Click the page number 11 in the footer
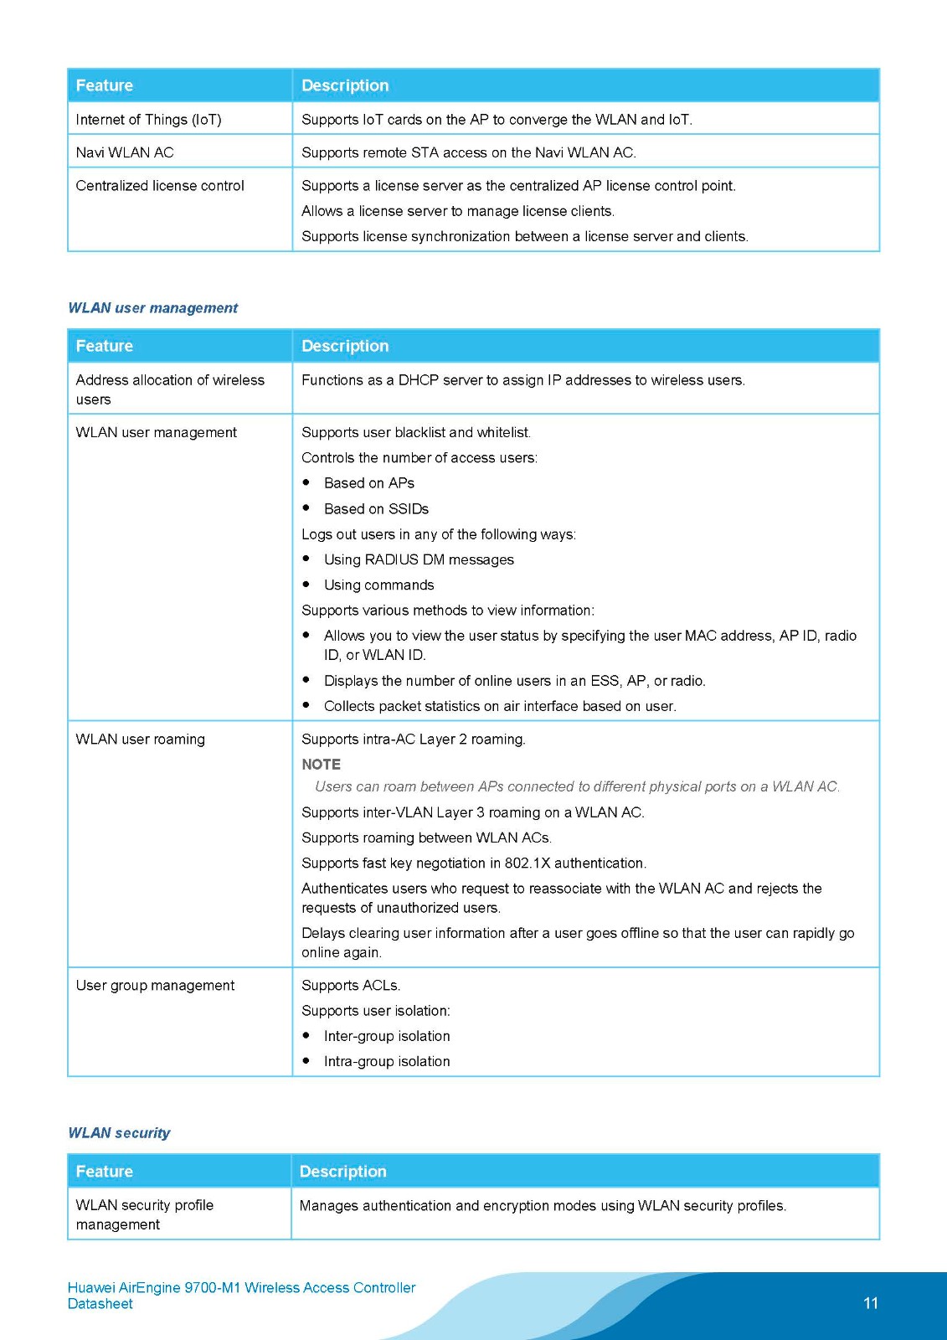pyautogui.click(x=870, y=1303)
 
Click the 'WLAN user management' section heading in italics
pyautogui.click(x=152, y=308)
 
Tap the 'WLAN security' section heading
pyautogui.click(x=119, y=1133)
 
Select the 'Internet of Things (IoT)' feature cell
pyautogui.click(x=148, y=120)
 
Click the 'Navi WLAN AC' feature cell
pyautogui.click(x=125, y=152)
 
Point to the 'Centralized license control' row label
pyautogui.click(x=160, y=186)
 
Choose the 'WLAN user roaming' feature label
pyautogui.click(x=140, y=740)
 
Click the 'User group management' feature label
pyautogui.click(x=155, y=986)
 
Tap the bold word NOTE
pyautogui.click(x=321, y=765)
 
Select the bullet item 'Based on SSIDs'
pyautogui.click(x=376, y=509)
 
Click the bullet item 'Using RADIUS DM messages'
pyautogui.click(x=419, y=559)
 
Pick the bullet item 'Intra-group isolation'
pyautogui.click(x=387, y=1062)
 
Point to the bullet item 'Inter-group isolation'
pyautogui.click(x=387, y=1037)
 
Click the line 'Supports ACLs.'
pyautogui.click(x=351, y=986)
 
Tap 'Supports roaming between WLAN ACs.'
pyautogui.click(x=426, y=838)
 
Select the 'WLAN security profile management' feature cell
pyautogui.click(x=144, y=1214)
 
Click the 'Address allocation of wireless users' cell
pyautogui.click(x=170, y=389)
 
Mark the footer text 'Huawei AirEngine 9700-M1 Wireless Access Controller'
pyautogui.click(x=241, y=1288)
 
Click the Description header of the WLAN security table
pyautogui.click(x=342, y=1172)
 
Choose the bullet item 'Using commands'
pyautogui.click(x=378, y=585)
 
